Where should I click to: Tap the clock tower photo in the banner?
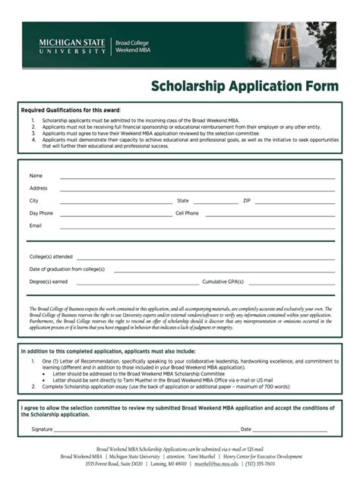[x=289, y=45]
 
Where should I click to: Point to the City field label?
[x=33, y=200]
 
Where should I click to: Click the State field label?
[x=182, y=200]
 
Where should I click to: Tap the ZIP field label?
[x=246, y=200]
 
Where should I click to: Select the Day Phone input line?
[x=114, y=215]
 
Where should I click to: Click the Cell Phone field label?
[x=187, y=213]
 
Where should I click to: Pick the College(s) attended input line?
[x=205, y=259]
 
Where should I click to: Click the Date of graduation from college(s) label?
[x=67, y=269]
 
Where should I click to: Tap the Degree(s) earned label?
[x=49, y=281]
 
